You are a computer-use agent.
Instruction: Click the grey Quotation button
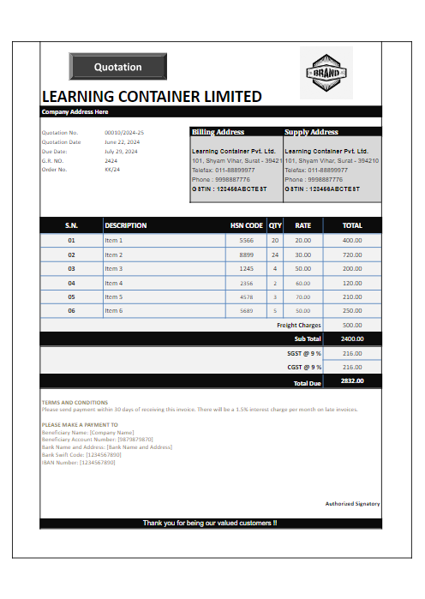117,67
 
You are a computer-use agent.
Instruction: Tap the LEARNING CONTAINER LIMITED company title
152,97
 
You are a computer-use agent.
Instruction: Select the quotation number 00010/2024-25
124,133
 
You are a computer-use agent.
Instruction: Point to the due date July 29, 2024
121,151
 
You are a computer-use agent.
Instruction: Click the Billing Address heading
218,132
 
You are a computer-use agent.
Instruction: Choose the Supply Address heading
311,132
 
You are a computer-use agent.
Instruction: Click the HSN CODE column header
246,225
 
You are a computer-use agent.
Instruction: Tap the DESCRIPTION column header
126,225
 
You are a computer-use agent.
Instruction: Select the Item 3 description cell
114,268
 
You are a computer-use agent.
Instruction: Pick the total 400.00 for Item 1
352,241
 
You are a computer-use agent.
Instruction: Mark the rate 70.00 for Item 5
303,297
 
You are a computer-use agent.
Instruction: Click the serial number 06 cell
72,310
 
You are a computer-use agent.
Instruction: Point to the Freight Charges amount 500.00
352,326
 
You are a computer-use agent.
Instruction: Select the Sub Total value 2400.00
352,338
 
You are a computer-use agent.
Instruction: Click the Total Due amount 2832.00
352,380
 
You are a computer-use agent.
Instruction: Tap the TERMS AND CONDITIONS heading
75,402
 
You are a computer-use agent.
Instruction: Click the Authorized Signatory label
352,504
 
